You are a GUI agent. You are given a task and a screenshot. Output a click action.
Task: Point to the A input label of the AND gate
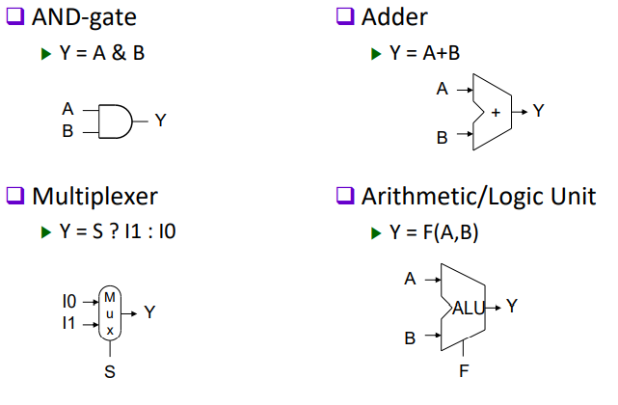(x=67, y=109)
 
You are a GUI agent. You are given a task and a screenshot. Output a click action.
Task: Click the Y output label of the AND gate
(x=160, y=121)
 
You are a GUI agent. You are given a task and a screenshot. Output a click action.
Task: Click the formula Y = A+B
(x=425, y=52)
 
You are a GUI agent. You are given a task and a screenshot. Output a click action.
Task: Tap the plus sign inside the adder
(x=496, y=112)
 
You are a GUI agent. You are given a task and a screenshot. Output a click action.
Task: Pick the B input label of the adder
(x=442, y=137)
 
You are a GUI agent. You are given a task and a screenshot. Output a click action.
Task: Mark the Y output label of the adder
(x=538, y=111)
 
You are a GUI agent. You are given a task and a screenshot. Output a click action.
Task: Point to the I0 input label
(x=68, y=302)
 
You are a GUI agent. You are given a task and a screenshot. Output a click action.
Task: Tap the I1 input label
(x=68, y=322)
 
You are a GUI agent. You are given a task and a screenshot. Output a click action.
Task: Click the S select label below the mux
(x=110, y=372)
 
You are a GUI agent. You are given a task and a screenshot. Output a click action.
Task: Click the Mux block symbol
(x=110, y=312)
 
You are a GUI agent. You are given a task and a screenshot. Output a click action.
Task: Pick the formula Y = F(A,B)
(x=434, y=232)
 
